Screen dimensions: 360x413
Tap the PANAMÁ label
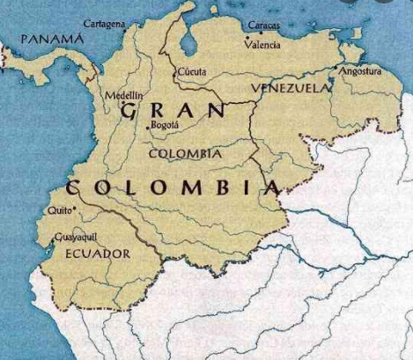pyautogui.click(x=53, y=40)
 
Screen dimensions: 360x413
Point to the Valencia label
pyautogui.click(x=263, y=44)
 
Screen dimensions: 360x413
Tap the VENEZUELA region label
pyautogui.click(x=291, y=88)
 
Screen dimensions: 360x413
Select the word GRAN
pyautogui.click(x=171, y=110)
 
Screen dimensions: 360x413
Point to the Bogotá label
pyautogui.click(x=166, y=125)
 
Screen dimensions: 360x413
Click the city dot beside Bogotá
pyautogui.click(x=147, y=130)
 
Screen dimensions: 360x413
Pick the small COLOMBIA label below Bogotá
pyautogui.click(x=185, y=153)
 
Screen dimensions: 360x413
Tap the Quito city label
pyautogui.click(x=59, y=210)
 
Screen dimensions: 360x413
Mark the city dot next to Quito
pyautogui.click(x=75, y=209)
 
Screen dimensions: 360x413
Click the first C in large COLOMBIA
pyautogui.click(x=74, y=187)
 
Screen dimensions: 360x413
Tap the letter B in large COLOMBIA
pyautogui.click(x=216, y=187)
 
